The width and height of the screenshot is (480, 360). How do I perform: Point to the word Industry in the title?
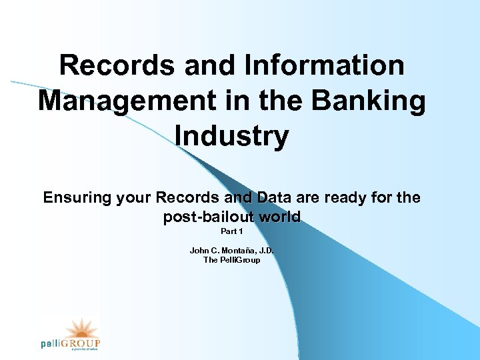(x=231, y=137)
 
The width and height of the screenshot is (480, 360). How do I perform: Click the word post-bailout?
(x=212, y=217)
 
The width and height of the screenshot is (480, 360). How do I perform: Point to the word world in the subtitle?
(x=282, y=217)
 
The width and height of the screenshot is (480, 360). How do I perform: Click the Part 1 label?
(x=231, y=232)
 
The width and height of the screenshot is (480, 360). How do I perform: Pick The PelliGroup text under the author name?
(x=231, y=260)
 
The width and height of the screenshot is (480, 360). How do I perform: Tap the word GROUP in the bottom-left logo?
(x=83, y=343)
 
